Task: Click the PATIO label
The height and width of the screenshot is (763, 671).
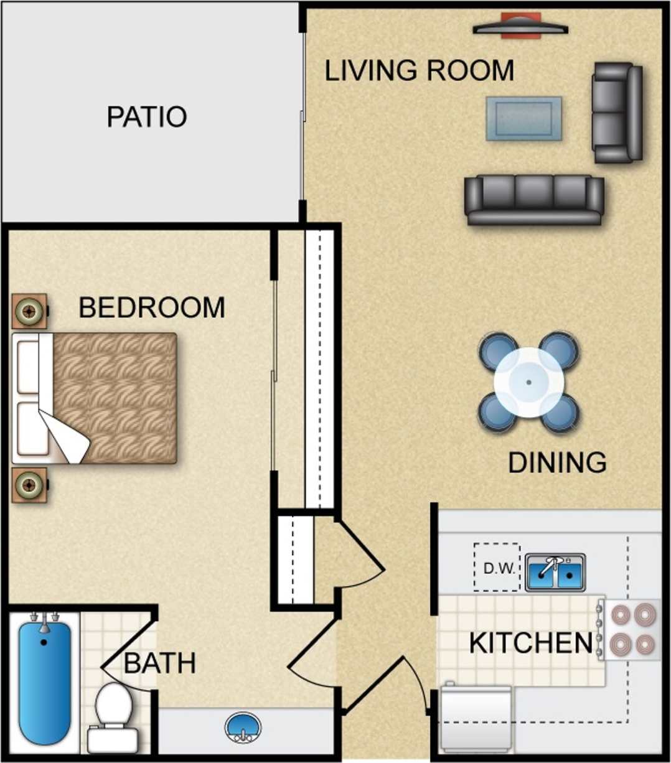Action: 146,116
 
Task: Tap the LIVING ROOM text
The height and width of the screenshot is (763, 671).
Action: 419,70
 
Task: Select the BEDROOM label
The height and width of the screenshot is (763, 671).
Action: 151,307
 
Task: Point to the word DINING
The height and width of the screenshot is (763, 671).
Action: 557,462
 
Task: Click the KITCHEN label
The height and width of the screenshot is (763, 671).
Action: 530,643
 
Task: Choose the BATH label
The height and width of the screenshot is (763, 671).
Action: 160,663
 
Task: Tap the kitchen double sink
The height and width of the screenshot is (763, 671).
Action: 555,572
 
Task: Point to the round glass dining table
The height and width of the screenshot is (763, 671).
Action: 528,382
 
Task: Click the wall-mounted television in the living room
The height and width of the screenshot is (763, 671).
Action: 520,27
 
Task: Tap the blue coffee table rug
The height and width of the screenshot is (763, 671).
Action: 523,118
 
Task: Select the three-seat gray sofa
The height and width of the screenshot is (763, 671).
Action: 534,199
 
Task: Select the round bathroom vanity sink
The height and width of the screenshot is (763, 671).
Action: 243,727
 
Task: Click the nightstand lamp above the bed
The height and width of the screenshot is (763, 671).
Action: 29,310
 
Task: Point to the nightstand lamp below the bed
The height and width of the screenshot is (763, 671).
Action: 29,484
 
